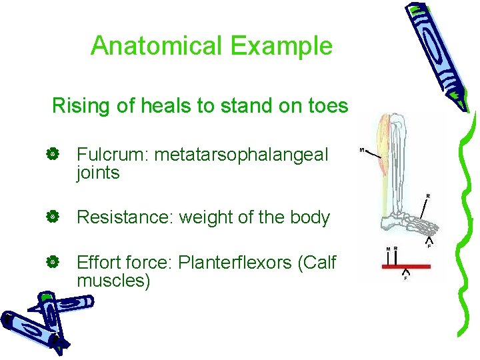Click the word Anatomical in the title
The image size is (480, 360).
[157, 46]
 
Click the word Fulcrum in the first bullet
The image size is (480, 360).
[111, 155]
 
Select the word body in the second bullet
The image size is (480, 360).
[310, 217]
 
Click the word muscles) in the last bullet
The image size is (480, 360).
[114, 281]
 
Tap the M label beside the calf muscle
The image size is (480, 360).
[362, 150]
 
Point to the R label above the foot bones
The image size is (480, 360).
[428, 195]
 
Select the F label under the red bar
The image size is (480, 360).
[406, 279]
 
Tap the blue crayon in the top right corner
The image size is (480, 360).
[437, 50]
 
